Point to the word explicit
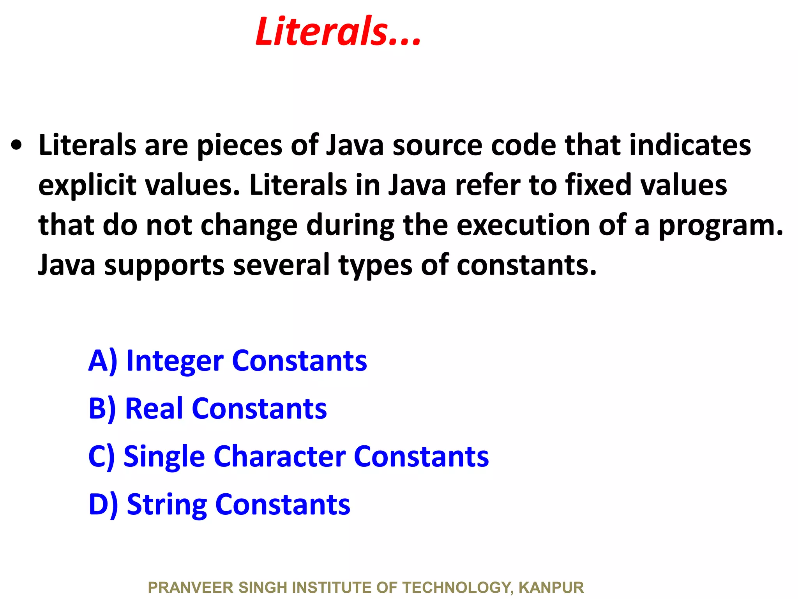[x=87, y=186]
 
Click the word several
[x=281, y=265]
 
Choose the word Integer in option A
[x=175, y=362]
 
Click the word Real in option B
[x=154, y=409]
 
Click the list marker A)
[x=102, y=361]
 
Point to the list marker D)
[x=103, y=505]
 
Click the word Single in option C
[x=164, y=457]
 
